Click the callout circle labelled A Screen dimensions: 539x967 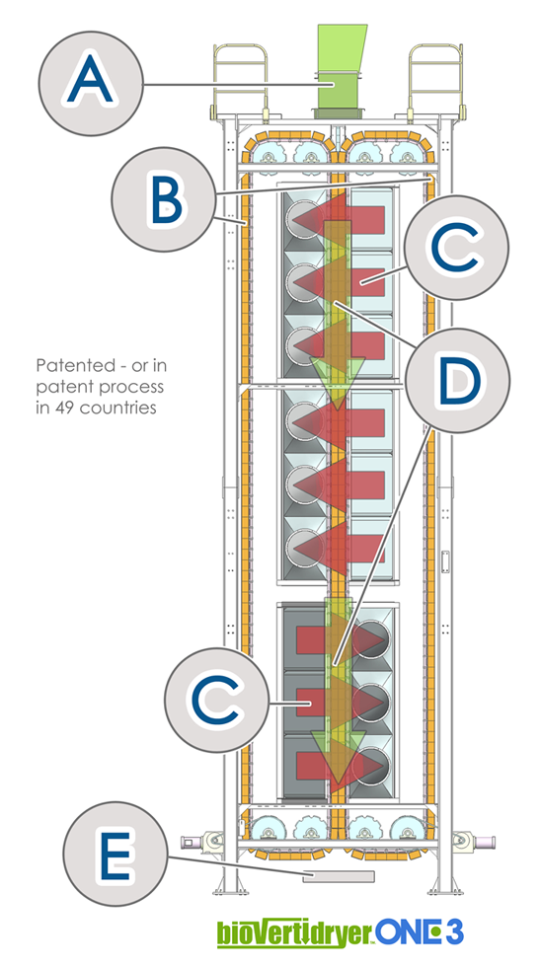pyautogui.click(x=91, y=83)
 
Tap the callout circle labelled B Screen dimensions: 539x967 pyautogui.click(x=164, y=199)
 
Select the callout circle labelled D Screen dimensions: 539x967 pyautogui.click(x=457, y=381)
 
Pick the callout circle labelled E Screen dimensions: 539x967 pyautogui.click(x=115, y=854)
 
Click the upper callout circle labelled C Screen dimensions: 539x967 pyautogui.click(x=457, y=248)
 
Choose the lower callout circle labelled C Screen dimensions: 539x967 pyautogui.click(x=216, y=700)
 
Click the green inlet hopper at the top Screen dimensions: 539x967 pyautogui.click(x=340, y=71)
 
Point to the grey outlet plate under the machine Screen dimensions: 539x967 pyautogui.click(x=339, y=876)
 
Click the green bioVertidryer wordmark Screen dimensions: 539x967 pyautogui.click(x=295, y=933)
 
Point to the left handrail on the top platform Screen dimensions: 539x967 pyautogui.click(x=240, y=80)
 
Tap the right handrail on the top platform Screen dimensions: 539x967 pyautogui.click(x=436, y=80)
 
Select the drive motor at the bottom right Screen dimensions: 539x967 pyautogui.click(x=473, y=841)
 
